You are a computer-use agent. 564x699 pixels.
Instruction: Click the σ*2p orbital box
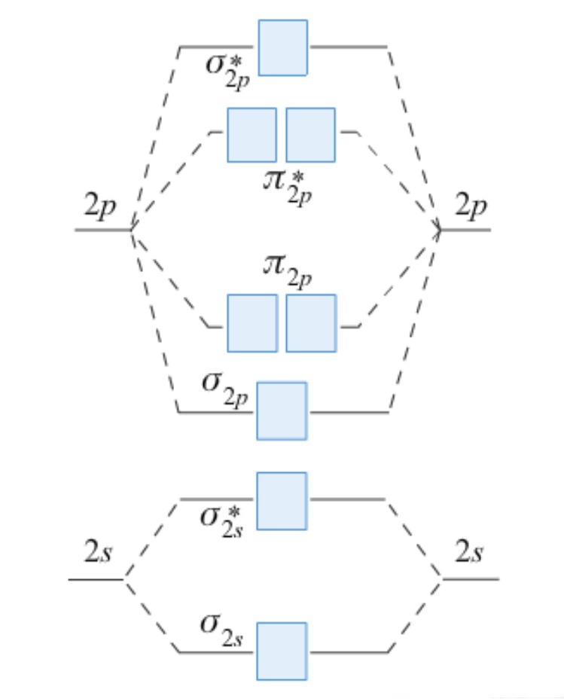click(x=282, y=47)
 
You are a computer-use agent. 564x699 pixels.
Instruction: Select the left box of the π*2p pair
click(x=252, y=135)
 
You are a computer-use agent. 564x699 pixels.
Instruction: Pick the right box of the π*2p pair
click(x=310, y=135)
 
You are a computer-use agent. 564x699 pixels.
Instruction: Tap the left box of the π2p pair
click(x=252, y=322)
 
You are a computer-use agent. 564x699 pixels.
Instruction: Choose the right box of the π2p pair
click(x=311, y=322)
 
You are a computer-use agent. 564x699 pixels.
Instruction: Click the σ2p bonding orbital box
click(x=282, y=411)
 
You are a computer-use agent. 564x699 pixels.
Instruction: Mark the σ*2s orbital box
click(x=282, y=500)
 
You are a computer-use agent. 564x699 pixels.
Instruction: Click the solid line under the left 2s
click(x=96, y=579)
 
